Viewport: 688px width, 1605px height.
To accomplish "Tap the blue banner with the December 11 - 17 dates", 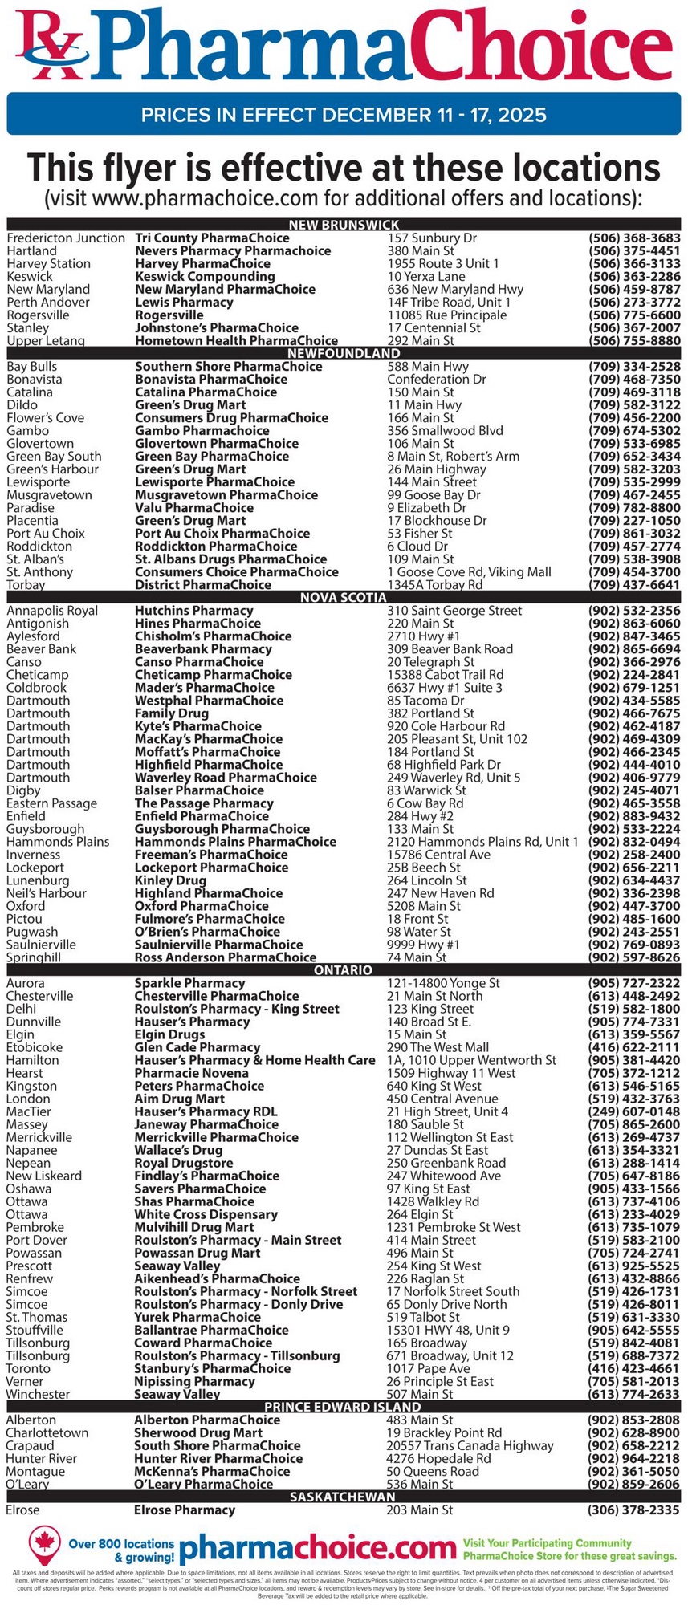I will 344,115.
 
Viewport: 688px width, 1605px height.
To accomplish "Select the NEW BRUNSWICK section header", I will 344,225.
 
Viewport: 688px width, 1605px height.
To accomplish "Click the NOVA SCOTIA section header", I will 344,597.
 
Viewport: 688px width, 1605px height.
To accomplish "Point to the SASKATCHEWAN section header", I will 344,1497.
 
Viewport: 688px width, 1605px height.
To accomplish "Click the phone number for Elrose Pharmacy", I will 634,1510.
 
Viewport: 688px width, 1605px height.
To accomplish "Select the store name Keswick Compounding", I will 205,276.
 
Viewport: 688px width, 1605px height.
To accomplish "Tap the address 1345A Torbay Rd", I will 435,584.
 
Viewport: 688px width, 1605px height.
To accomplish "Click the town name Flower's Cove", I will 45,417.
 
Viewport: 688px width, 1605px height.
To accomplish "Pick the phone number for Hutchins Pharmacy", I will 634,610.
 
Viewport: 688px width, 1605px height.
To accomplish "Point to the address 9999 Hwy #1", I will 424,944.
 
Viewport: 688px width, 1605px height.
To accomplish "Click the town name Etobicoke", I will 35,1046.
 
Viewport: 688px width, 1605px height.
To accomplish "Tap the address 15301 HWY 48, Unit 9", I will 448,1330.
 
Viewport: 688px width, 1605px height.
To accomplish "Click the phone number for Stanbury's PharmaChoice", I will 634,1368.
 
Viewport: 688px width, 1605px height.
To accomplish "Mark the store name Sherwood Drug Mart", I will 198,1432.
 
